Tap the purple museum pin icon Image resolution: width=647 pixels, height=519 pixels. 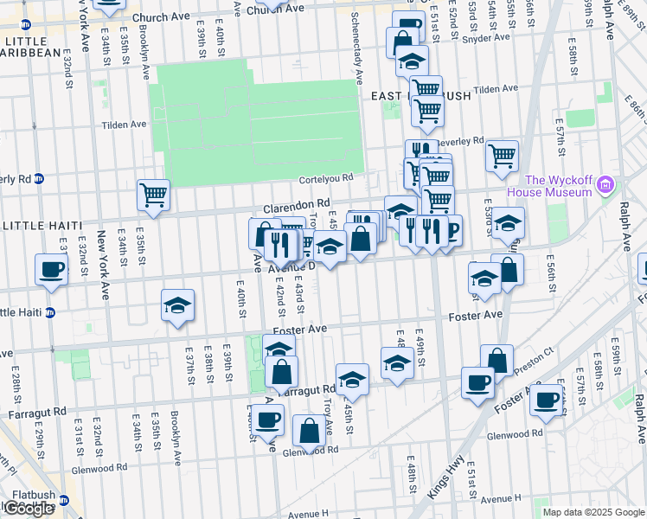coord(605,183)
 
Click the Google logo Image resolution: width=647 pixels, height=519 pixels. coord(29,509)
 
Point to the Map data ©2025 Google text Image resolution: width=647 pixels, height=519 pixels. coord(593,512)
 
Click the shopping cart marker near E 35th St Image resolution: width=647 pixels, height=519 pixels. coord(153,195)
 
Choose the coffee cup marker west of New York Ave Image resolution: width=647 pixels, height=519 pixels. coord(51,268)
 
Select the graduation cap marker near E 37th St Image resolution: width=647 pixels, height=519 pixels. coord(177,305)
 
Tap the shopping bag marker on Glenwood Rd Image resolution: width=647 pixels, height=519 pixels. coord(309,431)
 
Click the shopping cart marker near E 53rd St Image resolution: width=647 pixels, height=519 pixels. coord(502,156)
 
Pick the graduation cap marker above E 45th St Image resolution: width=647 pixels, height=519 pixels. coord(352,379)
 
